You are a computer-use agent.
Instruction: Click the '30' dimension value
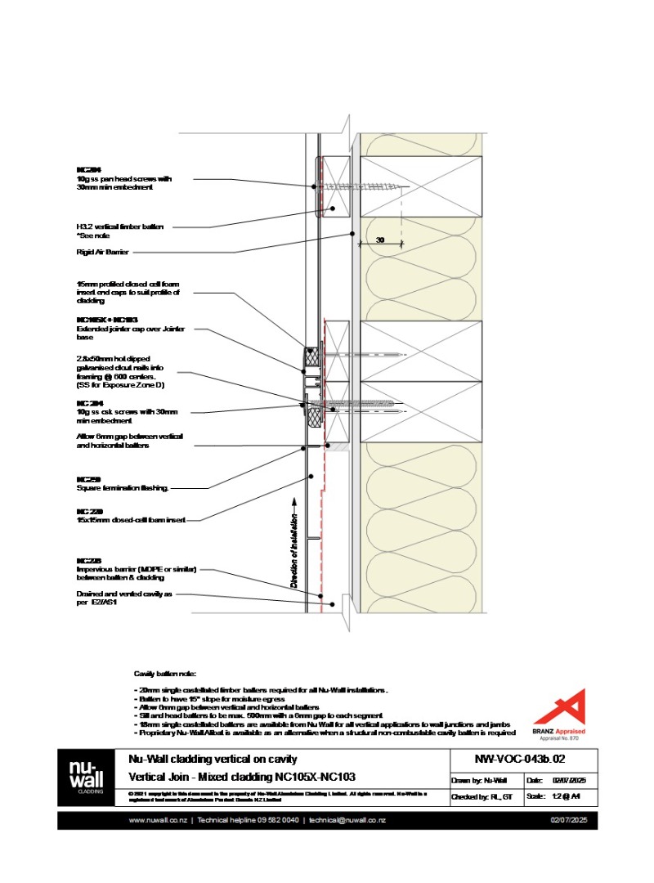pos(380,240)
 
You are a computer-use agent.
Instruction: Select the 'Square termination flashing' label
pos(122,488)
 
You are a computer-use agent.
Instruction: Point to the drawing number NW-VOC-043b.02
pos(519,760)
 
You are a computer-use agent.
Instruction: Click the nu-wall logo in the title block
pos(84,778)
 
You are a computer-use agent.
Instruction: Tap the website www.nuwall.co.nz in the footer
pos(157,820)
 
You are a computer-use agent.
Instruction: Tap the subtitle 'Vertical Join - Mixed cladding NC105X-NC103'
pos(242,777)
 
